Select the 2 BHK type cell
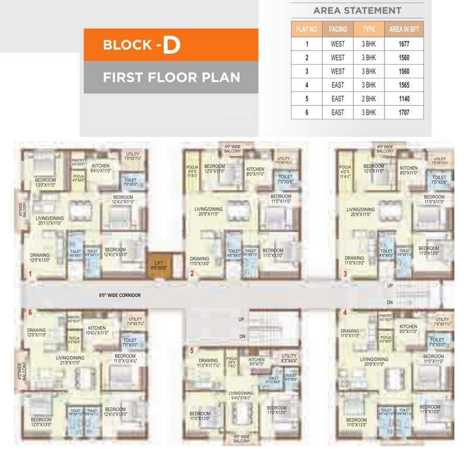[369, 99]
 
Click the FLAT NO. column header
[307, 28]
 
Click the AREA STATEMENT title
[357, 10]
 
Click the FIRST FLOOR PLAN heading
[171, 77]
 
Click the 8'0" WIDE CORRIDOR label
[119, 294]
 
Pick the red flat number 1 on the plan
[29, 274]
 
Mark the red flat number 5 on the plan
[192, 350]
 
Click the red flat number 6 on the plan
[29, 313]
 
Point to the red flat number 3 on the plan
[345, 274]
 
